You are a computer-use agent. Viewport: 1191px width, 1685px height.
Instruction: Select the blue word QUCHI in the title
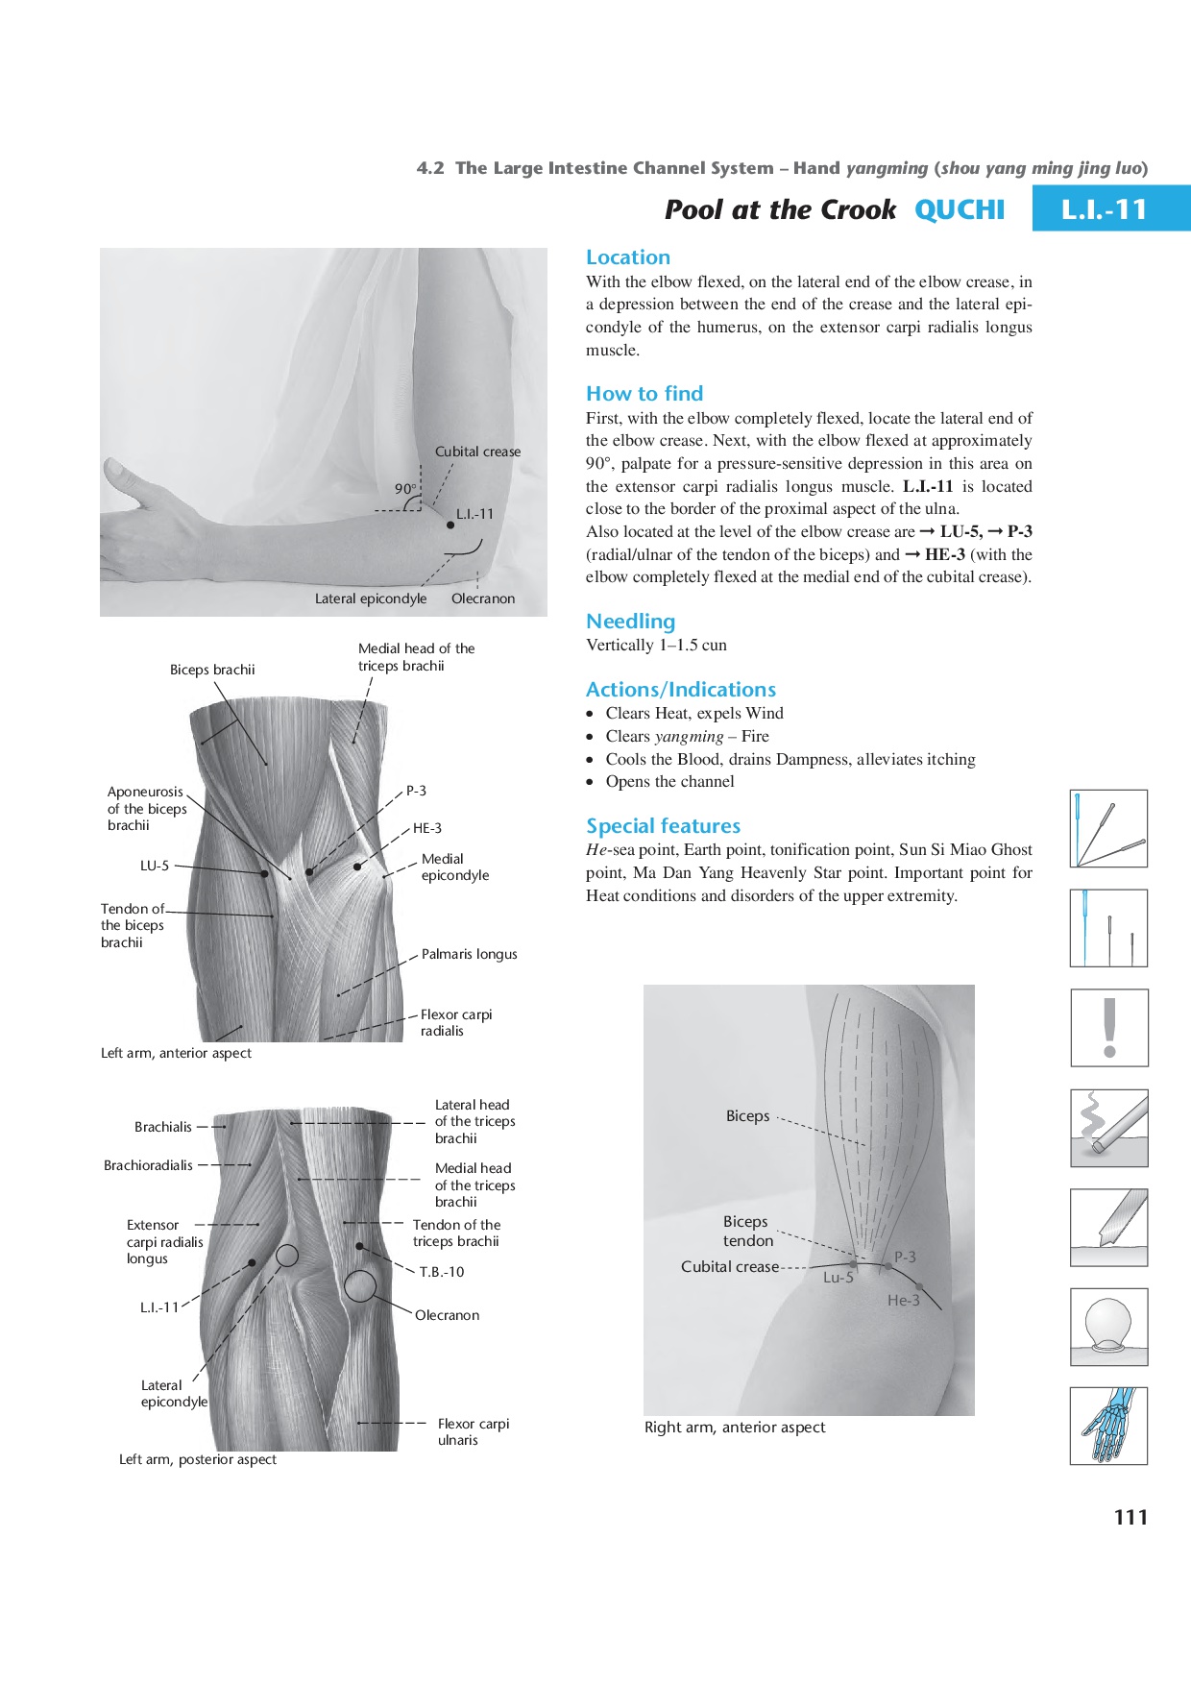[x=959, y=209]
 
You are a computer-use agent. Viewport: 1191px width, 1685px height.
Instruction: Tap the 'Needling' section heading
[x=630, y=621]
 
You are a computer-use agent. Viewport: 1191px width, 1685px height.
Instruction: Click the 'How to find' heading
[x=644, y=393]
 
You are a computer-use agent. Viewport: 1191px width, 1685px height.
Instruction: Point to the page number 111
[x=1130, y=1517]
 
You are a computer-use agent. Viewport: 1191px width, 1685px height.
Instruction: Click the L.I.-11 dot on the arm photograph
[x=450, y=525]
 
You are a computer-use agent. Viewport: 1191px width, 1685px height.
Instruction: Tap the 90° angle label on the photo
[x=405, y=488]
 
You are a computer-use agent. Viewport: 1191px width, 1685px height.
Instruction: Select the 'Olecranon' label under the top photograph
[x=483, y=598]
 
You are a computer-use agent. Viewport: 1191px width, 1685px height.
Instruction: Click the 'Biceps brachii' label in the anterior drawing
[x=212, y=670]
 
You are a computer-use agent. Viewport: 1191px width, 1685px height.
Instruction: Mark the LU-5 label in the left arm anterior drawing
[x=155, y=866]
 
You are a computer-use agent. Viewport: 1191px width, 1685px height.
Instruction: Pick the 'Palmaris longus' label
[x=469, y=954]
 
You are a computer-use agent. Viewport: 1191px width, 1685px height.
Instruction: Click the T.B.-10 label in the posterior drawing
[x=441, y=1272]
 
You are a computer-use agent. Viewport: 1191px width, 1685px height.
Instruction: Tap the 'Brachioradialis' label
[x=148, y=1165]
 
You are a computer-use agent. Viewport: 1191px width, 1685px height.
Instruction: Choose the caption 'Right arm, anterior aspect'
[x=735, y=1428]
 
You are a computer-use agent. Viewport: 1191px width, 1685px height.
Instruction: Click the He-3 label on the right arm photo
[x=903, y=1300]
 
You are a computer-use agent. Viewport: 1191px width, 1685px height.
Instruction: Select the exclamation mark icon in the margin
[x=1109, y=1028]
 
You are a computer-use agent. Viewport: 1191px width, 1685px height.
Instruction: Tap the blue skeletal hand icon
[x=1109, y=1426]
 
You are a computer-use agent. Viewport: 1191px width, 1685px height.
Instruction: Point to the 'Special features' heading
[x=663, y=826]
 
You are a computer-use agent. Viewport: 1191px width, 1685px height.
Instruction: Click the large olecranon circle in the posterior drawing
[x=360, y=1286]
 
